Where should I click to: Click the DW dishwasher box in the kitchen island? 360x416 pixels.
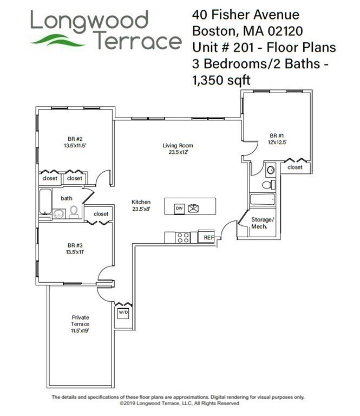179,208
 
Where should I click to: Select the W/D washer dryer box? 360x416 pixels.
123,313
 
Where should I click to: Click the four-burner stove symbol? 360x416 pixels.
183,237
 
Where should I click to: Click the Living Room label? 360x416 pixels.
178,148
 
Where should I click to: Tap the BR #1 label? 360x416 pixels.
277,139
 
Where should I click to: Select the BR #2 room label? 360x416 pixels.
74,142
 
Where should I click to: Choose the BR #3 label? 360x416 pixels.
74,248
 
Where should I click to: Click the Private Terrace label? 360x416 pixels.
80,323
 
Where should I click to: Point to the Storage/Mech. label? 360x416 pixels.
263,223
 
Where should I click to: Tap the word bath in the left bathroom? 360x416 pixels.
66,198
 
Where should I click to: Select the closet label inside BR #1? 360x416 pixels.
295,167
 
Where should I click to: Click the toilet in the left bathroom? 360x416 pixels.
74,211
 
